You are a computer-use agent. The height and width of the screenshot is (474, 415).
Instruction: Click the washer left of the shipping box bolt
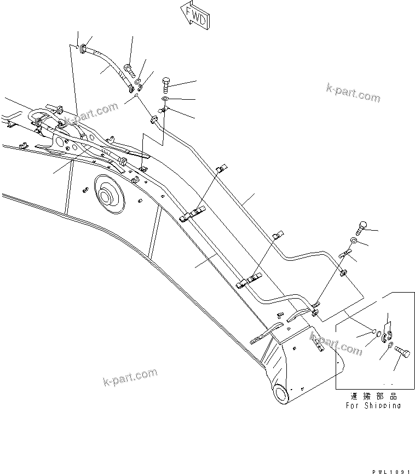[x=388, y=346]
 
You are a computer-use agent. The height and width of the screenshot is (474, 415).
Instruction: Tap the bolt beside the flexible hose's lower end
[x=129, y=70]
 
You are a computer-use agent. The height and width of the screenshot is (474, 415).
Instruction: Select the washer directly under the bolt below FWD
[x=165, y=99]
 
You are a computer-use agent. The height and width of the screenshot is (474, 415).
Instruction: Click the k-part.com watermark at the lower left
[x=130, y=378]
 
